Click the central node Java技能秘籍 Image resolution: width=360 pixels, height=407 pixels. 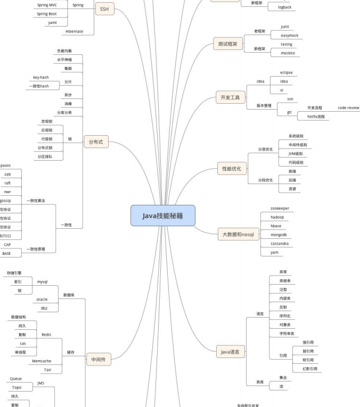coord(163,215)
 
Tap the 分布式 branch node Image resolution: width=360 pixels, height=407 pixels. coord(96,142)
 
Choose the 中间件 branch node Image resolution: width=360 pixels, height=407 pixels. coord(98,360)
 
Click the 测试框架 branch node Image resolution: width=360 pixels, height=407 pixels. coord(228,44)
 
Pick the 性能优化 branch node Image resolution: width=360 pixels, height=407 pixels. coord(232,169)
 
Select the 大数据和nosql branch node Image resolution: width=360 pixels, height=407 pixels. coord(239,234)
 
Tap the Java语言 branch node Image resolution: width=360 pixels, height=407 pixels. coord(230,352)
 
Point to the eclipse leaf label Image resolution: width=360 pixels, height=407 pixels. coord(286,72)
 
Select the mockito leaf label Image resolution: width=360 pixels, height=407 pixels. coord(288,53)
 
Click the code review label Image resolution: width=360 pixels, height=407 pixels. coord(348,107)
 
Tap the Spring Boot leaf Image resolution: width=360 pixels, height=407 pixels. coord(47,13)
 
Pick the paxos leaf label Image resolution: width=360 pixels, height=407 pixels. coord(5,165)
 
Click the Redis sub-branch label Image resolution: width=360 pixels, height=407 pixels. coord(46,335)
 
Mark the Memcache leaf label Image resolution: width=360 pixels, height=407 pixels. coord(42,361)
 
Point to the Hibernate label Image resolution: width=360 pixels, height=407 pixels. coord(74,31)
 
